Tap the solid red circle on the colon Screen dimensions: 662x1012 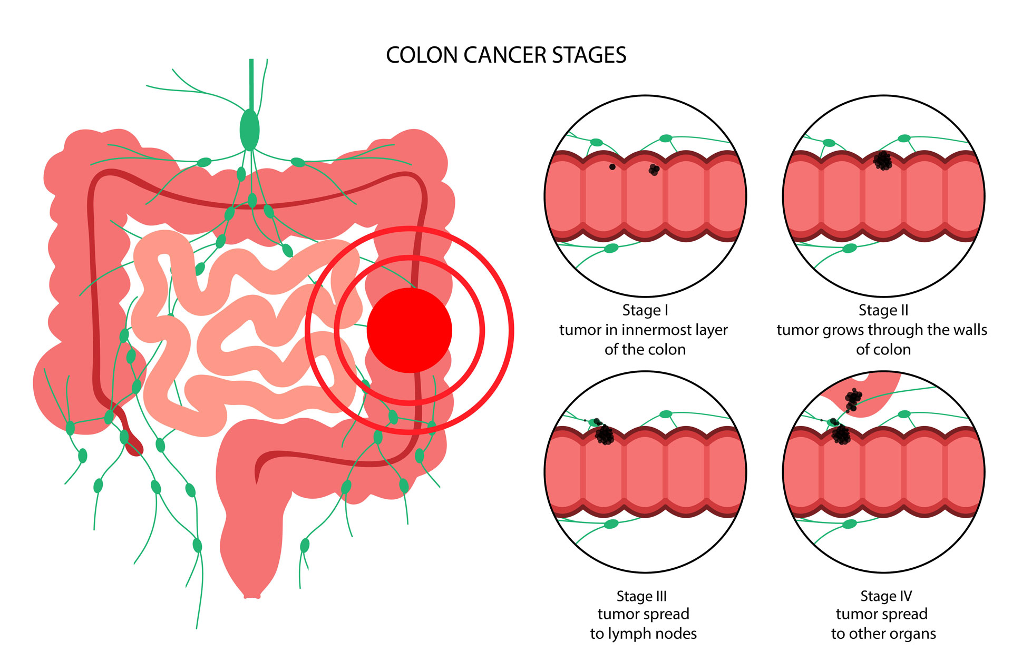(409, 330)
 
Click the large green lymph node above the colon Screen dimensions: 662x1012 (249, 130)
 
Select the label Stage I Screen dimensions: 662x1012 (645, 310)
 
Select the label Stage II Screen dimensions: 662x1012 (883, 310)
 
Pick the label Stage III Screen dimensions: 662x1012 (641, 596)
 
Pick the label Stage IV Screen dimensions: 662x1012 (885, 596)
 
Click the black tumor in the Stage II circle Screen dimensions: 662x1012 (883, 161)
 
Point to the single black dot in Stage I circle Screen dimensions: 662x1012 (612, 167)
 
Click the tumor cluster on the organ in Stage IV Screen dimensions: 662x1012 (853, 399)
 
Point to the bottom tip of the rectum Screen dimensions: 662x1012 (252, 596)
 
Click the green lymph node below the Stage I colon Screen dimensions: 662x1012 (611, 248)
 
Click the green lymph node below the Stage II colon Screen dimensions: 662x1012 (850, 248)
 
